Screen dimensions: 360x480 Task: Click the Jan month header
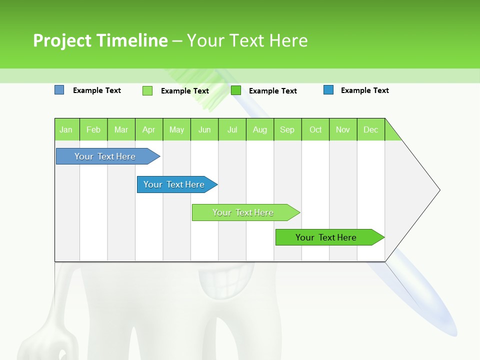click(x=66, y=129)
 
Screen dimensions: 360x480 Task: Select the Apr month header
click(x=148, y=129)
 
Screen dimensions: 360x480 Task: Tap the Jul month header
click(x=232, y=129)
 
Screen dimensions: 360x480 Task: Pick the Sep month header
click(x=287, y=129)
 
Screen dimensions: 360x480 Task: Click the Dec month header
click(x=370, y=129)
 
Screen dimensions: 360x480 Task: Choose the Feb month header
click(x=93, y=129)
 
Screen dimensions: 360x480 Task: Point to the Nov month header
click(x=342, y=129)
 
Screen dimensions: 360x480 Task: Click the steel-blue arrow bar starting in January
click(x=105, y=156)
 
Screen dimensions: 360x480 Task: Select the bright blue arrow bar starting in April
click(x=174, y=184)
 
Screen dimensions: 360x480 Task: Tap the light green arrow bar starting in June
click(x=243, y=212)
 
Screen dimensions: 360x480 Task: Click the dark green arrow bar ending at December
click(x=326, y=237)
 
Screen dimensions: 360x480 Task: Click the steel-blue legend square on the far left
click(x=59, y=90)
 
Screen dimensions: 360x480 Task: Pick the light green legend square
click(x=147, y=90)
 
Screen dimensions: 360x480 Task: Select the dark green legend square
click(x=236, y=90)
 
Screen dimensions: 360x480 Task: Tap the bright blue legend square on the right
click(x=328, y=90)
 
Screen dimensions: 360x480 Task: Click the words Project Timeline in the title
click(x=100, y=40)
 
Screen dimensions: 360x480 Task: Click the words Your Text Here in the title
click(x=247, y=40)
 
